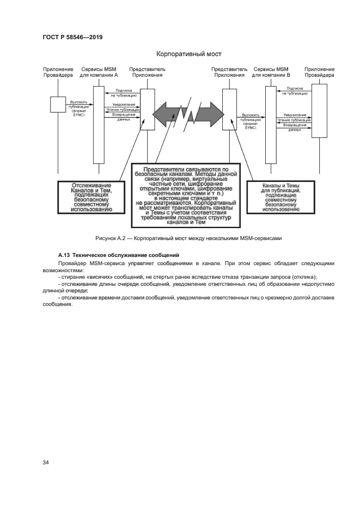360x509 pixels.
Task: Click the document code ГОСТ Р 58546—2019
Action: pos(72,37)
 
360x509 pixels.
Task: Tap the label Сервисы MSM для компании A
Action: pos(99,72)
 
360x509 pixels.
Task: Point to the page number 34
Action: pos(46,463)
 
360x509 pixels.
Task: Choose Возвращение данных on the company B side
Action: pos(295,127)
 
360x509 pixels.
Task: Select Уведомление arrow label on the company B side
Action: pos(295,115)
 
